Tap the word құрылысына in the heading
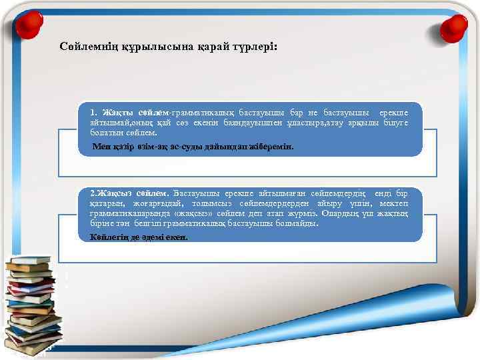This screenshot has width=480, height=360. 152,49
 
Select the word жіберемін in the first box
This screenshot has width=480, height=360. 272,146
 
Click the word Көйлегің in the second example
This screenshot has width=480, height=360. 109,237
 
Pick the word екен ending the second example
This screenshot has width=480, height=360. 177,237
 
